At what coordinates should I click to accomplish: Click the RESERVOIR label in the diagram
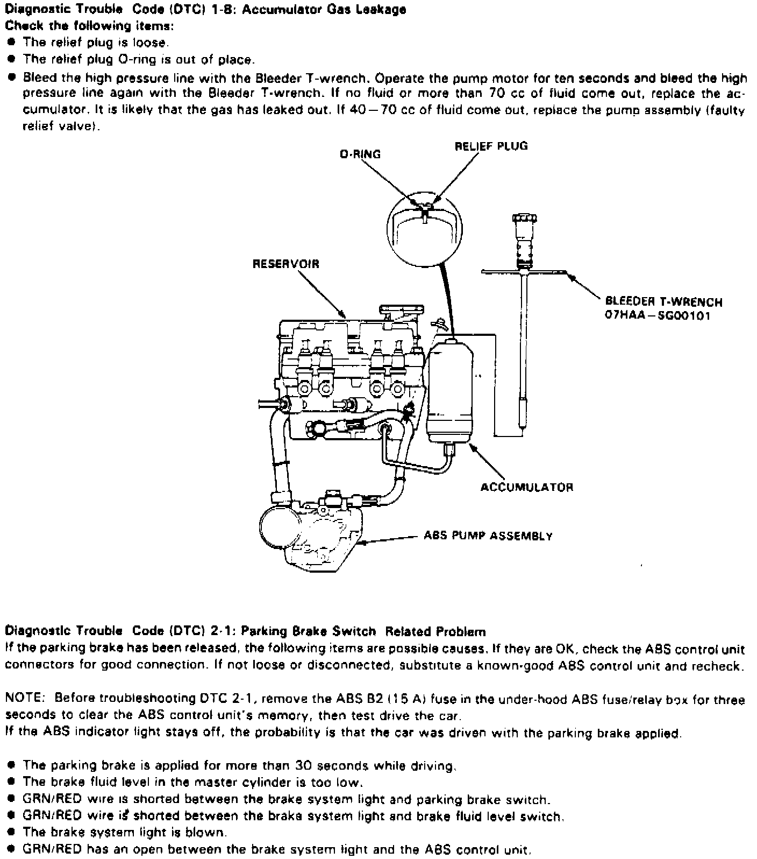click(x=285, y=264)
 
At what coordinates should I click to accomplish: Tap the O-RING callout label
click(x=360, y=154)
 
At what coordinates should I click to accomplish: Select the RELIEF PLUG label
click(x=491, y=146)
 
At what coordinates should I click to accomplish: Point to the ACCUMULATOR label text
click(x=526, y=487)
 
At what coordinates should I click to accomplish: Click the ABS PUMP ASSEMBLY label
click(x=488, y=536)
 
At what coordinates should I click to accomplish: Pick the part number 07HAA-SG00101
click(x=658, y=315)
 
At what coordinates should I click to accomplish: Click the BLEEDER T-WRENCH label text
click(x=663, y=302)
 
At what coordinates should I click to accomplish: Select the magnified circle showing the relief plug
click(x=425, y=227)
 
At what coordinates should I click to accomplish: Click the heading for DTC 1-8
click(x=205, y=9)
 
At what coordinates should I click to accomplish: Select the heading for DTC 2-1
click(x=245, y=631)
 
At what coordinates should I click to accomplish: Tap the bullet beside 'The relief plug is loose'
click(x=11, y=42)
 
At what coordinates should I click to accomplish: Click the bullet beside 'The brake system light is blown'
click(x=11, y=832)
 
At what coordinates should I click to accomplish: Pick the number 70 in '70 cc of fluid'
click(x=496, y=94)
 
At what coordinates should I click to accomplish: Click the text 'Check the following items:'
click(x=89, y=26)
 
